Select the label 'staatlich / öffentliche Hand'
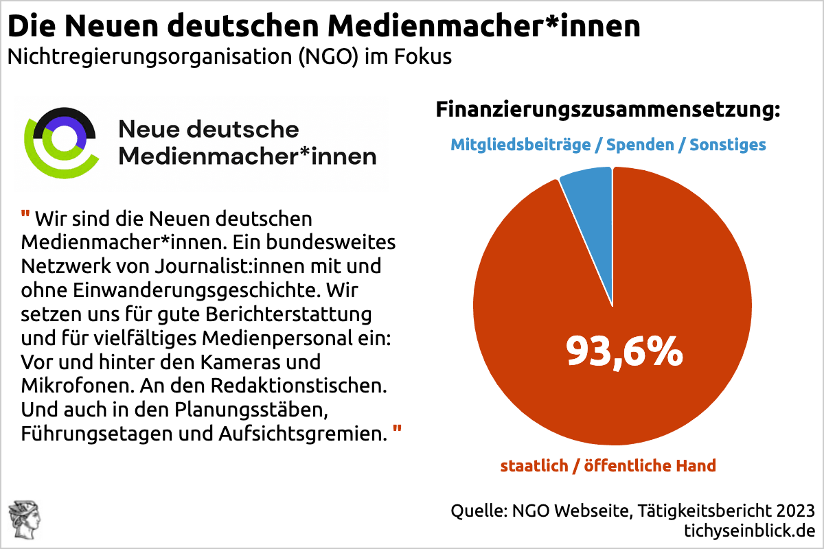pyautogui.click(x=608, y=466)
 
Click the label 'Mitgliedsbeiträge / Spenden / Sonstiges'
pyautogui.click(x=608, y=145)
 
